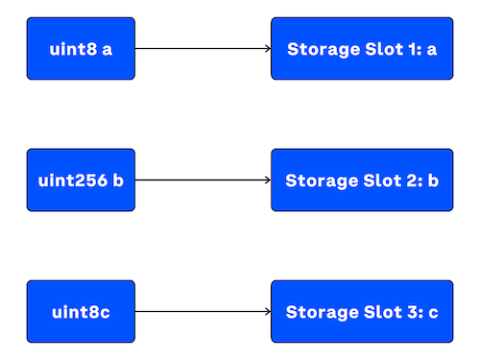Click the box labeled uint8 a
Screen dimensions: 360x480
81,48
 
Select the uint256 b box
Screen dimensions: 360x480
81,180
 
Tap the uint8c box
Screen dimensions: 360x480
81,312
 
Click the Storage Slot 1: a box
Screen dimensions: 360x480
362,48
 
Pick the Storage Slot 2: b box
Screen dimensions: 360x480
362,180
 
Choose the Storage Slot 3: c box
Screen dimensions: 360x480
362,312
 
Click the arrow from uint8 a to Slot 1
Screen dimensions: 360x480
202,48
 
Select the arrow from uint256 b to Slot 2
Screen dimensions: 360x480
202,180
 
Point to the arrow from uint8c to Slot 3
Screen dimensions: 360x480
202,312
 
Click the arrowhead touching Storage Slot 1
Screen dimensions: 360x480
268,48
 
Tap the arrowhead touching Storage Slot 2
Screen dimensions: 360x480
268,180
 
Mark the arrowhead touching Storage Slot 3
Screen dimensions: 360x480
268,312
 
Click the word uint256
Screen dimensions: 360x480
70,180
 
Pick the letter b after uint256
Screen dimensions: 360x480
118,180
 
